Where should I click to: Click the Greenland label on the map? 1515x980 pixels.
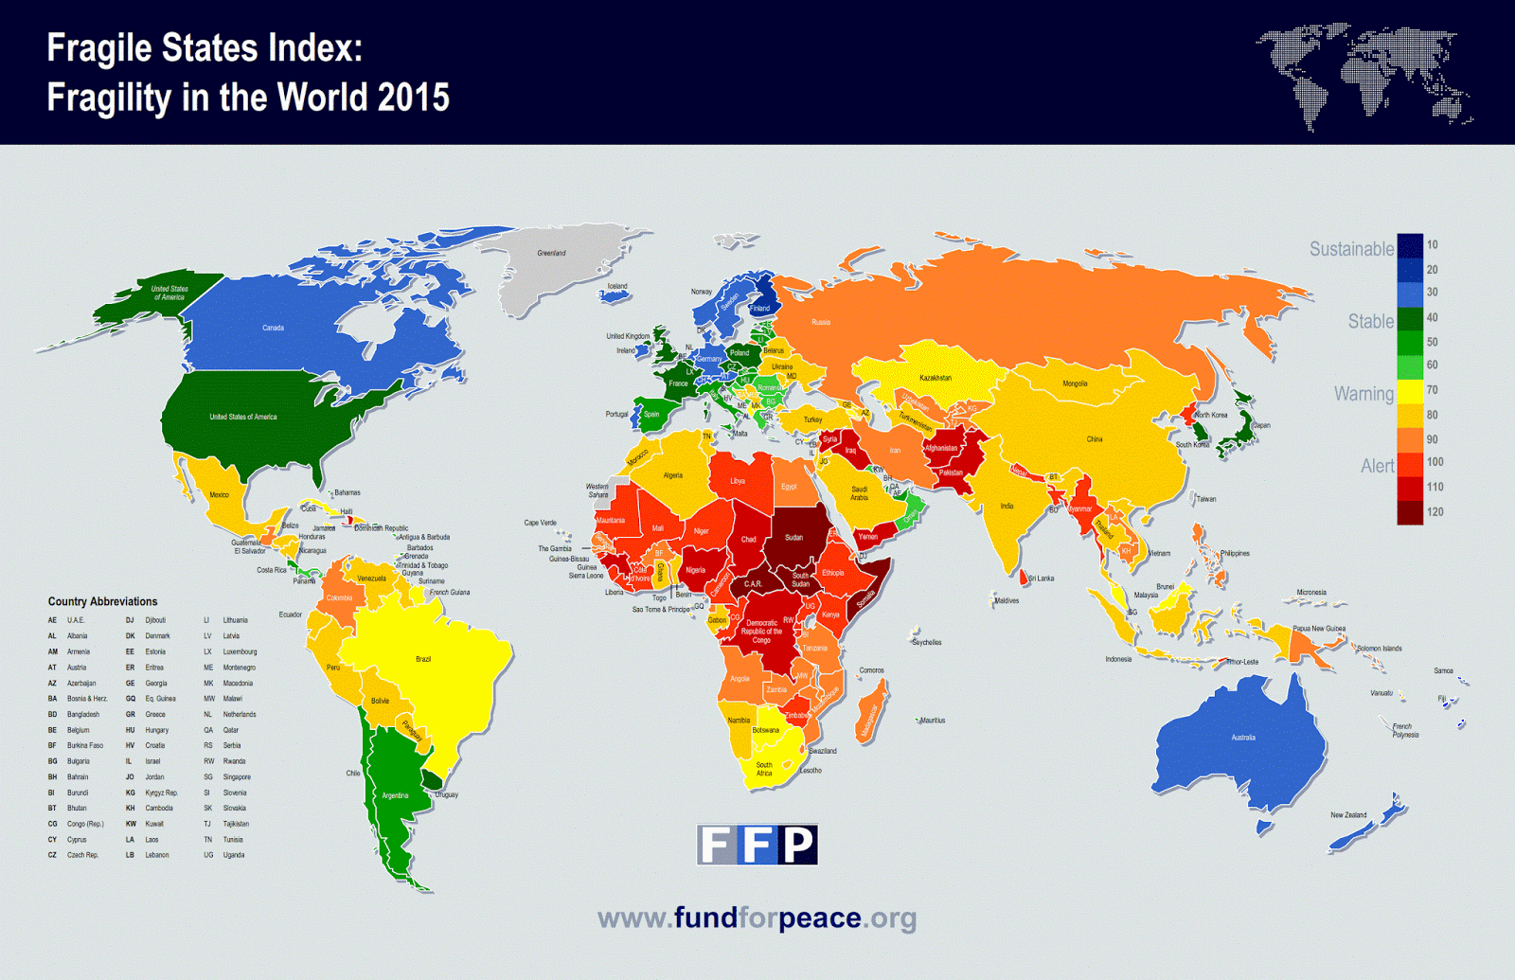pyautogui.click(x=551, y=253)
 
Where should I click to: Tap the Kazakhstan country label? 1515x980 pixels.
pyautogui.click(x=935, y=378)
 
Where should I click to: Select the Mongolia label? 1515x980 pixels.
pyautogui.click(x=1075, y=383)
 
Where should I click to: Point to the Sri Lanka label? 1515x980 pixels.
pyautogui.click(x=1041, y=579)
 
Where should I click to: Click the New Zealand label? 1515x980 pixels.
pyautogui.click(x=1348, y=814)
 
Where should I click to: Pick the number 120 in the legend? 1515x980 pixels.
pyautogui.click(x=1435, y=512)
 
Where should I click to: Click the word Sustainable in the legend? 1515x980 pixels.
pyautogui.click(x=1351, y=249)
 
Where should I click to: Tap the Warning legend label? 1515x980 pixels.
pyautogui.click(x=1363, y=394)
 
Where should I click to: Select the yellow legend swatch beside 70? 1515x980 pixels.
pyautogui.click(x=1410, y=391)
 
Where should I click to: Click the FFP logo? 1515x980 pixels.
pyautogui.click(x=757, y=845)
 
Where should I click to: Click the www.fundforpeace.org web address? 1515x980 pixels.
pyautogui.click(x=757, y=918)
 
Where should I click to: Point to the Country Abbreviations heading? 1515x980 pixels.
pyautogui.click(x=102, y=601)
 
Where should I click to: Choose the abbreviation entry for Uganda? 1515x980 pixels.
pyautogui.click(x=234, y=855)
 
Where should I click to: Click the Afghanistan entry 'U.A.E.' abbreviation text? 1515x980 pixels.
pyautogui.click(x=76, y=620)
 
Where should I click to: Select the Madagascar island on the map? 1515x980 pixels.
pyautogui.click(x=871, y=717)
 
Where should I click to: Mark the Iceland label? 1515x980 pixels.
pyautogui.click(x=617, y=286)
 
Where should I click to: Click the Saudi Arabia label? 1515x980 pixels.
pyautogui.click(x=859, y=493)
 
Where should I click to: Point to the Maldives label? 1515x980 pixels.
pyautogui.click(x=1007, y=600)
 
